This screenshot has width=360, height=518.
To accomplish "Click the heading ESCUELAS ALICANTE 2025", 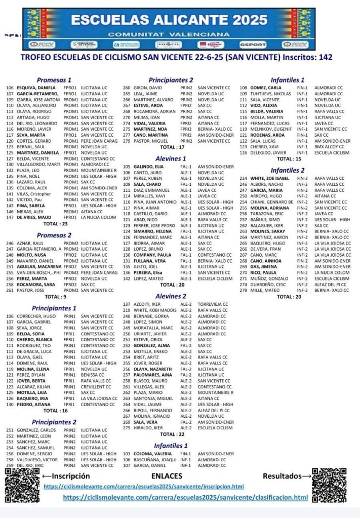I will point(170,20).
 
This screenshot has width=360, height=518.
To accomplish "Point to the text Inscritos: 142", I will point(304,57).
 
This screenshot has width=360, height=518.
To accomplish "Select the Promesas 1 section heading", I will point(54,80).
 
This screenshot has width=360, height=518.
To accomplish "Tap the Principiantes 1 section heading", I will point(54,308).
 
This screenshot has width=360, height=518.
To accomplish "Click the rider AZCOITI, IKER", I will point(148,304).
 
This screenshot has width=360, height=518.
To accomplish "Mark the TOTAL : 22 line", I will point(172,434).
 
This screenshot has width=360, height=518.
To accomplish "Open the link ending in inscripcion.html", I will point(144,487).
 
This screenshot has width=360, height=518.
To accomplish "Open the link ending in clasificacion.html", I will point(185,498).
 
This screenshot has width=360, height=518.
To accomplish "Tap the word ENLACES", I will point(167,476).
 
